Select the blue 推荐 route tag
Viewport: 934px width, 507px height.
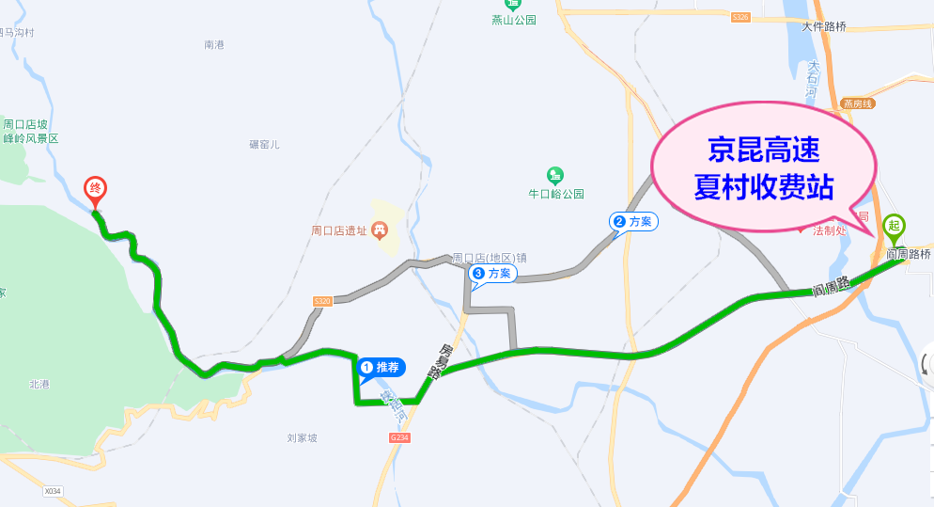coord(381,367)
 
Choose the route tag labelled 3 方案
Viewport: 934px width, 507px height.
coord(492,274)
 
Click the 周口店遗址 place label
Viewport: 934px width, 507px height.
coord(340,230)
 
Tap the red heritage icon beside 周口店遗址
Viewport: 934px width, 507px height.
coord(380,229)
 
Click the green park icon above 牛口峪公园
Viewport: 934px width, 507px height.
coord(555,175)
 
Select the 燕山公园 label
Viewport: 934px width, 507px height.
coord(513,20)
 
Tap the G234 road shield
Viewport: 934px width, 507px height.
coord(399,437)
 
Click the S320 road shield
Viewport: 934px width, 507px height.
coord(322,301)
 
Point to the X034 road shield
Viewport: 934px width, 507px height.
coord(52,491)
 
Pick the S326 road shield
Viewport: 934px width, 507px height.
coord(741,18)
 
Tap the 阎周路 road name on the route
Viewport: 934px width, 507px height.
coord(832,284)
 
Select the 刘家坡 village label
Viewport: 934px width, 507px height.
coord(303,438)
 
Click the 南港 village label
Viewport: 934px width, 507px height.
coord(214,44)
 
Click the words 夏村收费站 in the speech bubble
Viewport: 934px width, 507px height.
coord(763,185)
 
